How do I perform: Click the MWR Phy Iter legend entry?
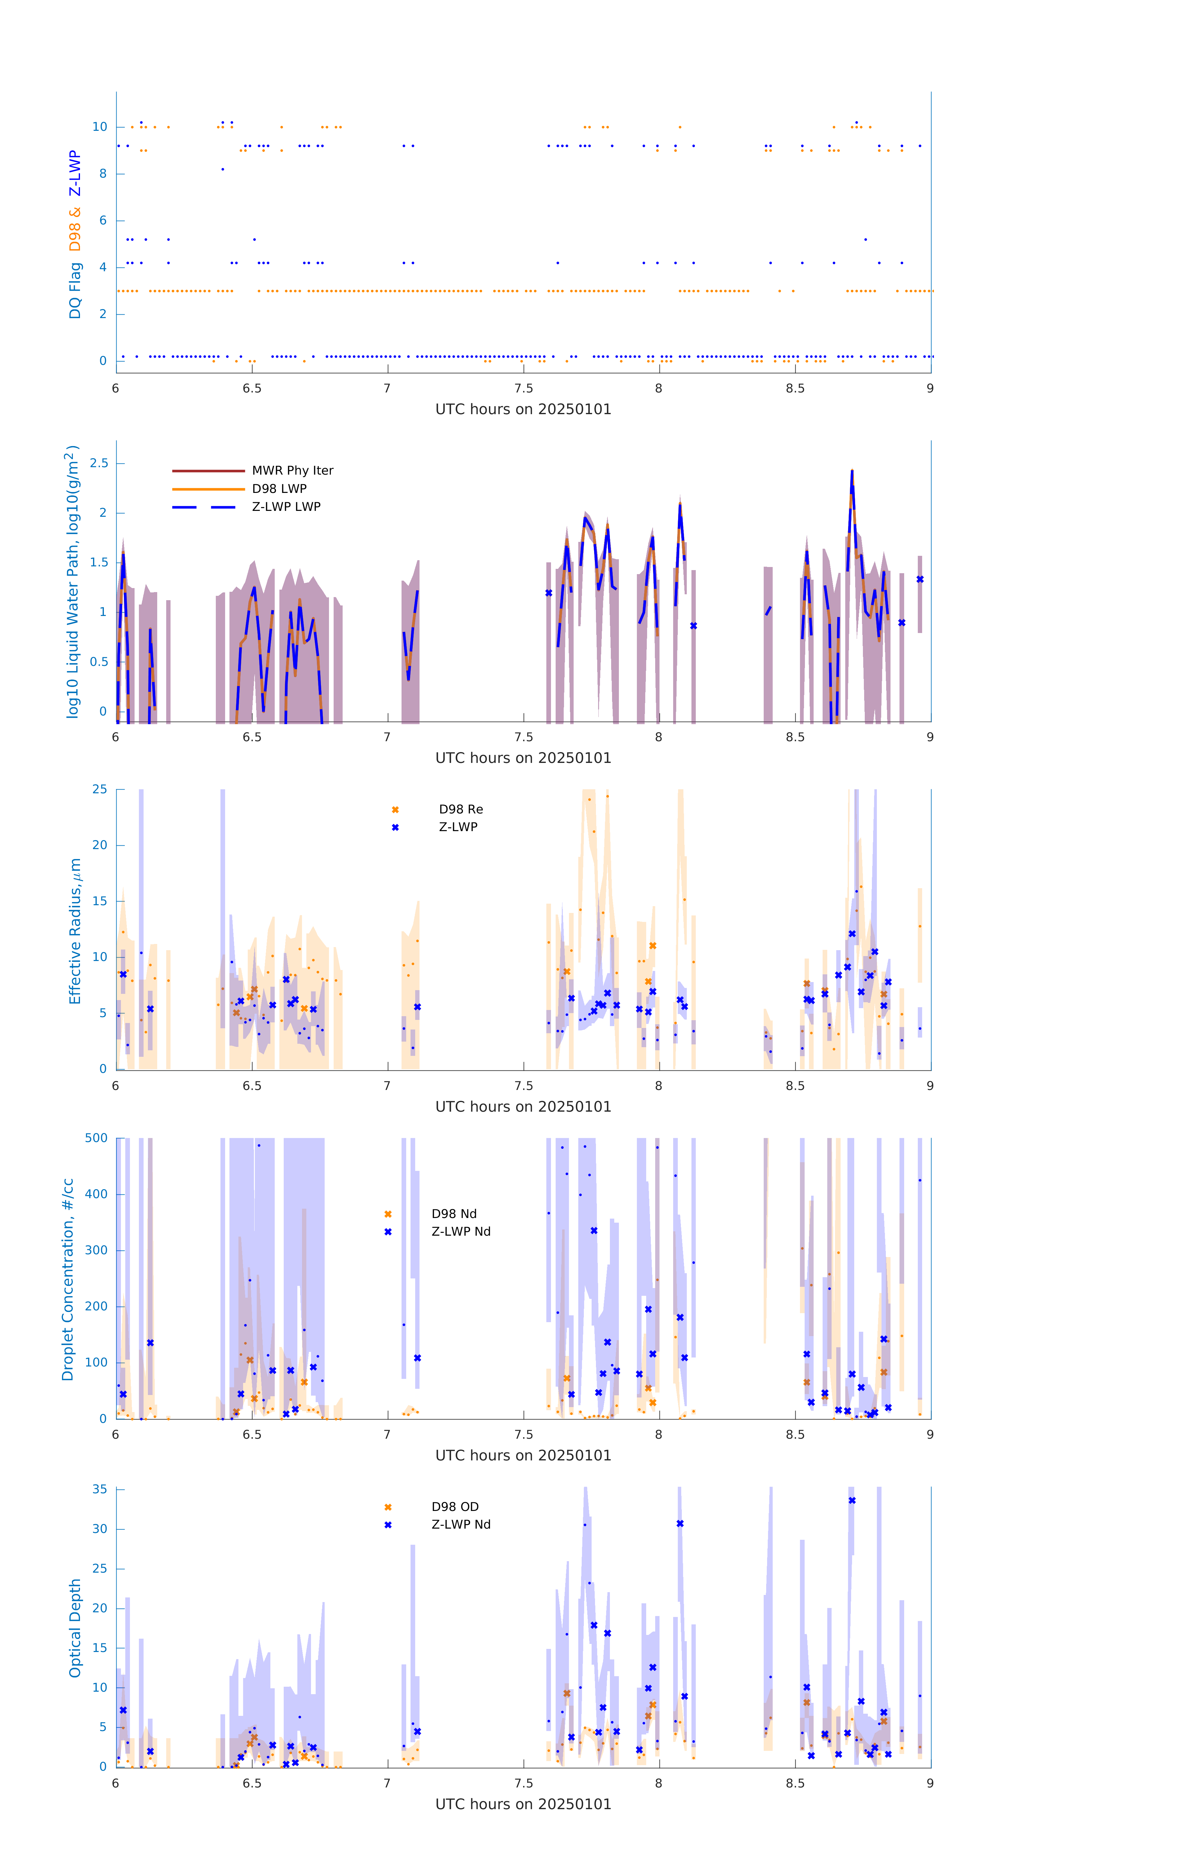(x=292, y=470)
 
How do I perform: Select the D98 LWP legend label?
(x=279, y=489)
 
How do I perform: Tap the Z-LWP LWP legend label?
(x=286, y=507)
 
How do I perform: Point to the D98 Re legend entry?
(x=460, y=809)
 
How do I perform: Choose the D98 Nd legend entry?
(x=454, y=1214)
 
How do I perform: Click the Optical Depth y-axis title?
(x=75, y=1628)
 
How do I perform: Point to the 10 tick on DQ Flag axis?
(x=100, y=127)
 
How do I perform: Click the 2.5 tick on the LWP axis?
(x=99, y=463)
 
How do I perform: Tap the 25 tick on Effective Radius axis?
(x=100, y=790)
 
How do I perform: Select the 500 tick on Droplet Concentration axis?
(x=96, y=1139)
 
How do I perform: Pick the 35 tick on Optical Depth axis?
(x=100, y=1489)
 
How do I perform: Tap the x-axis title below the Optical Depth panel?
(x=523, y=1805)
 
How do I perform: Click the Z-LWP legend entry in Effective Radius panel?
(x=458, y=827)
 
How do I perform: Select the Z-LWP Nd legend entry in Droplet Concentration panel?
(x=460, y=1232)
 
